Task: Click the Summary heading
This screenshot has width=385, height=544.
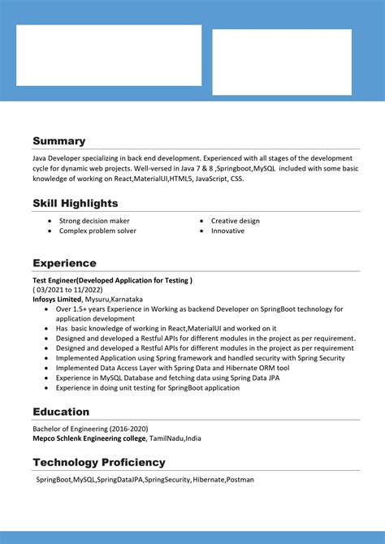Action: click(x=58, y=141)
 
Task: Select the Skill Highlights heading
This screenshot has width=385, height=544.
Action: click(x=75, y=203)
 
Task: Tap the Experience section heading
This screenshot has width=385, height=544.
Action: click(x=64, y=263)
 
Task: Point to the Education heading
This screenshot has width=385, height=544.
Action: click(x=61, y=412)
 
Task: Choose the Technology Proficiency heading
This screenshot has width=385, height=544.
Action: click(x=98, y=462)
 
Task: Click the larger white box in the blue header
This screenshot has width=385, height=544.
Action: click(x=109, y=55)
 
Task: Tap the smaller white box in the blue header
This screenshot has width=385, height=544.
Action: click(x=282, y=62)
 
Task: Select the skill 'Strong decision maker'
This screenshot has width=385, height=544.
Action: click(x=94, y=221)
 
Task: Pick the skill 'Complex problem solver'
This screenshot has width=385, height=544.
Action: click(x=97, y=231)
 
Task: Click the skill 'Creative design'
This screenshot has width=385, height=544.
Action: click(x=236, y=221)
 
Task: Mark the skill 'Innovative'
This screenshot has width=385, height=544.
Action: click(x=227, y=231)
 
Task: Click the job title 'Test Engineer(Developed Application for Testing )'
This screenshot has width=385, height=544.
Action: click(x=112, y=280)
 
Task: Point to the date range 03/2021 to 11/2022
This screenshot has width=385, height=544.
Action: click(x=68, y=290)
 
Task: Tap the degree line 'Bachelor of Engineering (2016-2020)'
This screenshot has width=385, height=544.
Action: click(x=90, y=429)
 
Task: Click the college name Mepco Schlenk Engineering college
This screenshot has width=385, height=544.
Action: click(x=89, y=438)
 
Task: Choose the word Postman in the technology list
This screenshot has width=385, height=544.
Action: click(x=240, y=480)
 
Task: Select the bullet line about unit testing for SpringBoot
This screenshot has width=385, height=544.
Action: click(x=147, y=388)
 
